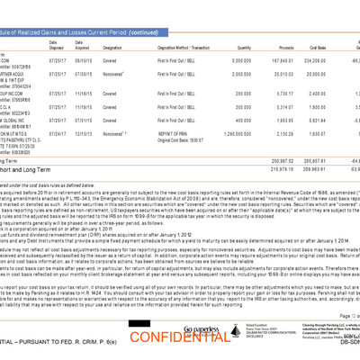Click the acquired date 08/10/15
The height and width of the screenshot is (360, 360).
85,60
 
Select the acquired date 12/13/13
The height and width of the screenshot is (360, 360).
85,132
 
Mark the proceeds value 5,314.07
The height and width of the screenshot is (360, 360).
288,106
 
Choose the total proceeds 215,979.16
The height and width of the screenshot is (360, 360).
286,168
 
